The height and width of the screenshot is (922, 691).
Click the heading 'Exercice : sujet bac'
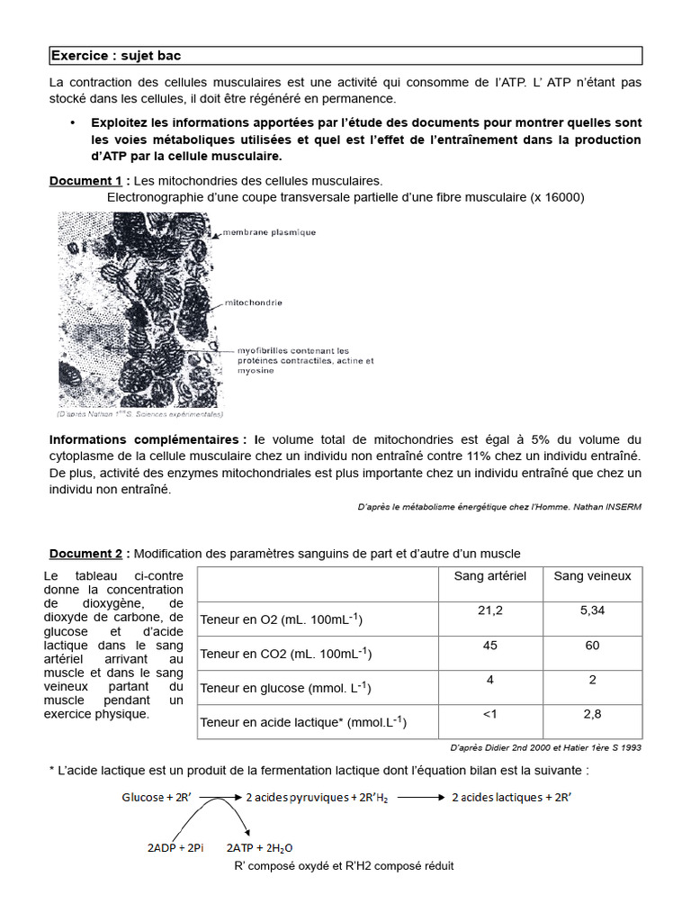(x=115, y=56)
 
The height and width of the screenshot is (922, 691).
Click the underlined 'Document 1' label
(x=85, y=181)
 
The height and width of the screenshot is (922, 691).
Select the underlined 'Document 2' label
(x=85, y=553)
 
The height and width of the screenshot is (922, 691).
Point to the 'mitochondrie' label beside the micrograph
(x=259, y=303)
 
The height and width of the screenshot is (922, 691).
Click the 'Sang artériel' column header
(x=489, y=576)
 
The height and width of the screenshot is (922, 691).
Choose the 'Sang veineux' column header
(x=592, y=576)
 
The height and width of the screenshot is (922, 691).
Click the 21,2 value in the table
(x=489, y=610)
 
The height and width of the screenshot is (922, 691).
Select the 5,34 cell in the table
(x=592, y=610)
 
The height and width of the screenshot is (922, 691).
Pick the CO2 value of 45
(x=489, y=646)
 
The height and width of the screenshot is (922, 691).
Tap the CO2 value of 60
(x=592, y=646)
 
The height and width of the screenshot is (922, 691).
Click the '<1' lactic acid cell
(x=489, y=714)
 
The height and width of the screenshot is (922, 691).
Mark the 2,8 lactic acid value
(x=592, y=714)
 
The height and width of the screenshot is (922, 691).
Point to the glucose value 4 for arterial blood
(x=489, y=680)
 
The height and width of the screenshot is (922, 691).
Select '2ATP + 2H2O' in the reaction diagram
(x=259, y=848)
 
